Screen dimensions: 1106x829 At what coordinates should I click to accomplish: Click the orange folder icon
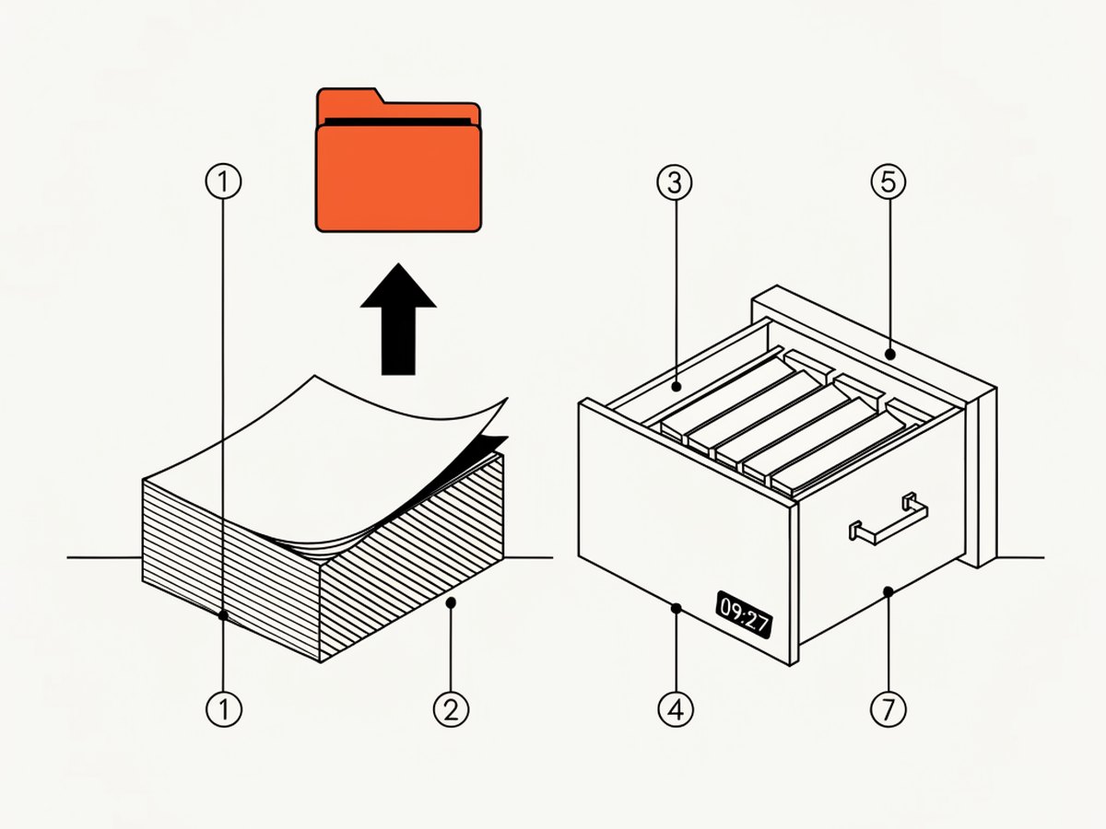(x=398, y=160)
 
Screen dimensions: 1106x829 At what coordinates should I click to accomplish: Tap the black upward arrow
(x=398, y=319)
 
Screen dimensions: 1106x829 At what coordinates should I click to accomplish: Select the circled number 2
(x=451, y=710)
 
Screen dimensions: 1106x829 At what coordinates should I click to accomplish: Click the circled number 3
(x=675, y=182)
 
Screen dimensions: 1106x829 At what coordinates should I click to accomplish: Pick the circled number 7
(x=888, y=709)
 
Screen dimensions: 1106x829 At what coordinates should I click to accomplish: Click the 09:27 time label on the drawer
(x=744, y=614)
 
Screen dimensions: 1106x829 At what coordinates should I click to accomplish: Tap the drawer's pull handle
(x=888, y=519)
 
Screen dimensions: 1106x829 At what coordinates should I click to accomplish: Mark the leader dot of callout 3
(x=677, y=387)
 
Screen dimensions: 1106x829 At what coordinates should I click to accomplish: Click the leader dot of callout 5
(x=890, y=355)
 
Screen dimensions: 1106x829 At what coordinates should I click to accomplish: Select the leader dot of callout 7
(x=888, y=592)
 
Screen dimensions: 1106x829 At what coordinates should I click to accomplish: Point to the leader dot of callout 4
(x=677, y=609)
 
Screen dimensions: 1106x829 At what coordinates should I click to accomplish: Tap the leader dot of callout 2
(x=451, y=602)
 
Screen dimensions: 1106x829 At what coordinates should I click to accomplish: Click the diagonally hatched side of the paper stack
(x=412, y=559)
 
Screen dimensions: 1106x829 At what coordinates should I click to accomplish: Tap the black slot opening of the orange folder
(x=398, y=123)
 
